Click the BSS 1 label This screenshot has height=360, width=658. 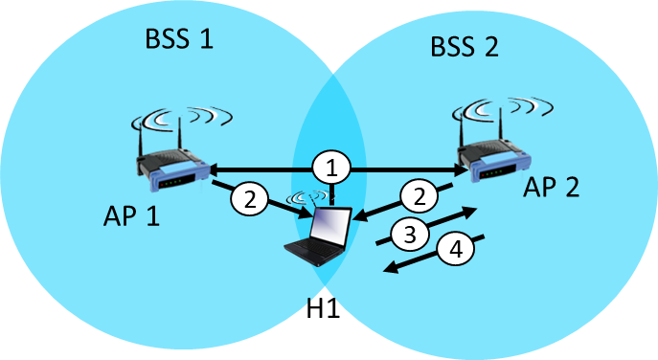[x=178, y=40]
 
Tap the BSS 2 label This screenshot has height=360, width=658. [x=465, y=47]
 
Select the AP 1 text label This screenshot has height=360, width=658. [x=131, y=215]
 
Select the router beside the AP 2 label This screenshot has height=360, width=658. [x=494, y=162]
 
